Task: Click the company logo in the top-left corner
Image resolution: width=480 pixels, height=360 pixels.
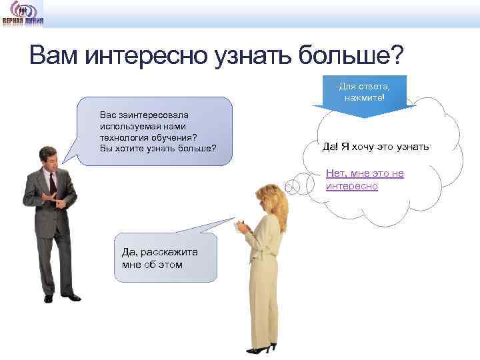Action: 23,13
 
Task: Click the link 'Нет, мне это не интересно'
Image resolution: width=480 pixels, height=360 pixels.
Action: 365,180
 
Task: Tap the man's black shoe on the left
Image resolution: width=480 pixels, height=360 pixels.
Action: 48,298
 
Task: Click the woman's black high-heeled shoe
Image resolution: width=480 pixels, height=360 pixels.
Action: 261,348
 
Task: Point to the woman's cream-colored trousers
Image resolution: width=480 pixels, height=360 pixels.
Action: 263,300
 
